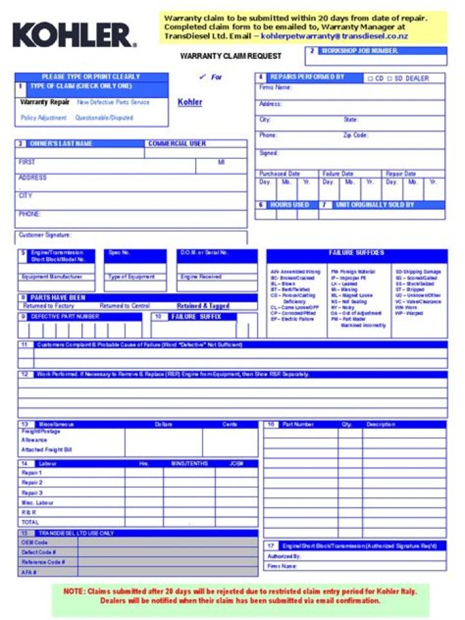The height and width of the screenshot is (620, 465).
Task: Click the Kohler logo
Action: pyautogui.click(x=74, y=35)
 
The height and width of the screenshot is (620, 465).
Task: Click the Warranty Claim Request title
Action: pyautogui.click(x=222, y=56)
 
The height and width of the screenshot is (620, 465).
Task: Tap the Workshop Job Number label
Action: pyautogui.click(x=359, y=50)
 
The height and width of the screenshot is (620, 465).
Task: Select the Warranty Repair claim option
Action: pyautogui.click(x=45, y=102)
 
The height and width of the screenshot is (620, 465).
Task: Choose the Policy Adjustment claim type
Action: pyautogui.click(x=43, y=118)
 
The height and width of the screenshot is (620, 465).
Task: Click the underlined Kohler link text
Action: pyautogui.click(x=189, y=102)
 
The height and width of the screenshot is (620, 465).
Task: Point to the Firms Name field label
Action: pyautogui.click(x=275, y=87)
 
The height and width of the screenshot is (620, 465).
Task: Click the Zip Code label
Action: pyautogui.click(x=355, y=136)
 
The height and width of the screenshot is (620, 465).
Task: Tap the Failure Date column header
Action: pyautogui.click(x=338, y=174)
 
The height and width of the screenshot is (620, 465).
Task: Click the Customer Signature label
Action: pyautogui.click(x=45, y=235)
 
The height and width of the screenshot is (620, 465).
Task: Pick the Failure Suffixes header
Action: pyautogui.click(x=356, y=253)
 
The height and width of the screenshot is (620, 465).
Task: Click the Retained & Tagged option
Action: pyautogui.click(x=203, y=306)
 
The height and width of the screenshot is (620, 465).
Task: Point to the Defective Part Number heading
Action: pyautogui.click(x=65, y=316)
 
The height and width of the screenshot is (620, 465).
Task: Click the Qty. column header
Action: pyautogui.click(x=346, y=424)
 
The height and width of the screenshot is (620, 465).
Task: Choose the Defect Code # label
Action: pyautogui.click(x=39, y=552)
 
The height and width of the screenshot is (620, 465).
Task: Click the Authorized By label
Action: pyautogui.click(x=284, y=556)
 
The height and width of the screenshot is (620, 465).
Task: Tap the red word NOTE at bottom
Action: pyautogui.click(x=72, y=591)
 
